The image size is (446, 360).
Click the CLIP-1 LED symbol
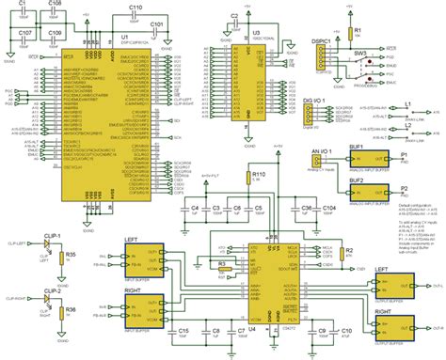(x=46, y=243)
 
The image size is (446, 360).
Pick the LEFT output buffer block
(x=393, y=283)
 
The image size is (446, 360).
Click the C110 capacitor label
(x=136, y=7)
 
